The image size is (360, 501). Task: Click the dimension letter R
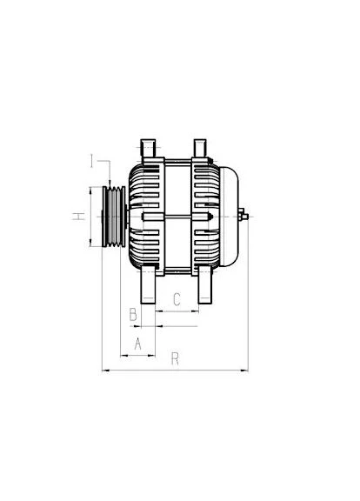click(175, 358)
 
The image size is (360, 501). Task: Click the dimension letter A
click(137, 344)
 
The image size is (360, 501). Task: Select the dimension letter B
click(133, 314)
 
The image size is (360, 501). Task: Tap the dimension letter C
click(177, 299)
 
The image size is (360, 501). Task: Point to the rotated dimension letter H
click(79, 216)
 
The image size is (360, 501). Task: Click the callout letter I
click(91, 161)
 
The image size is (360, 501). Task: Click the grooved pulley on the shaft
click(114, 217)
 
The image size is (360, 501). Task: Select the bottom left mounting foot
click(148, 285)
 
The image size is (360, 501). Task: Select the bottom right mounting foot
click(205, 285)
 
